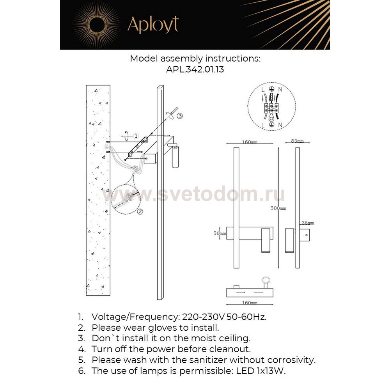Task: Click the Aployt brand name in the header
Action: point(153,25)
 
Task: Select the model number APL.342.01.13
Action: point(195,70)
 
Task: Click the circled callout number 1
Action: point(135,136)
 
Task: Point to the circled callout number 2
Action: point(140,212)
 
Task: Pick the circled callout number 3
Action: point(179,116)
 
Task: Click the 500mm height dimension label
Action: point(278,208)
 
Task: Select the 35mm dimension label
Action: point(307,223)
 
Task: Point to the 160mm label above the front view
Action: point(250,142)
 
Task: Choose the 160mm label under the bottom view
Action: point(250,303)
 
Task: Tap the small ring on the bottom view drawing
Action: point(266,280)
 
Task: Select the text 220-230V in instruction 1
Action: point(199,316)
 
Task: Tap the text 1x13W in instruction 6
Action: point(272,370)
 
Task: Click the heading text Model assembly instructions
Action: point(195,58)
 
